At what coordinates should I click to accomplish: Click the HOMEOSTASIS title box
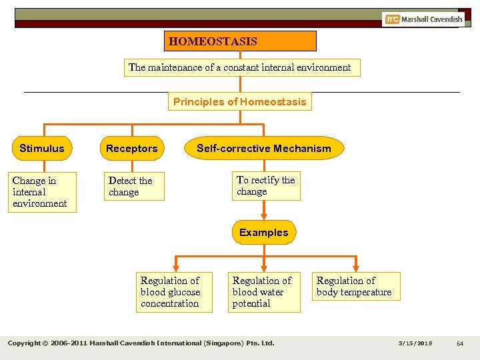[240, 41]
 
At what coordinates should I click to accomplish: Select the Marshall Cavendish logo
[423, 19]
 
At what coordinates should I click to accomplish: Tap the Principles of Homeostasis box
[240, 102]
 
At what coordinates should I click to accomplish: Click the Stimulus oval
[42, 149]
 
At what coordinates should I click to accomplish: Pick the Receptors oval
[132, 149]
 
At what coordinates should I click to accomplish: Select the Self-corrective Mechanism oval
[264, 149]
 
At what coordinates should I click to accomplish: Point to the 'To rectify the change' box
[265, 186]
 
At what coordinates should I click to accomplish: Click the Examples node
[264, 233]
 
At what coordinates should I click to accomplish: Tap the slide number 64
[460, 343]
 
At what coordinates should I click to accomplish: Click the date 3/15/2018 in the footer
[415, 343]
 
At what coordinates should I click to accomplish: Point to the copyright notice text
[141, 343]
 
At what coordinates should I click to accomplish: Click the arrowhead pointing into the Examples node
[264, 216]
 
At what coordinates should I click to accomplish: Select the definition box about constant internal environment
[240, 67]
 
